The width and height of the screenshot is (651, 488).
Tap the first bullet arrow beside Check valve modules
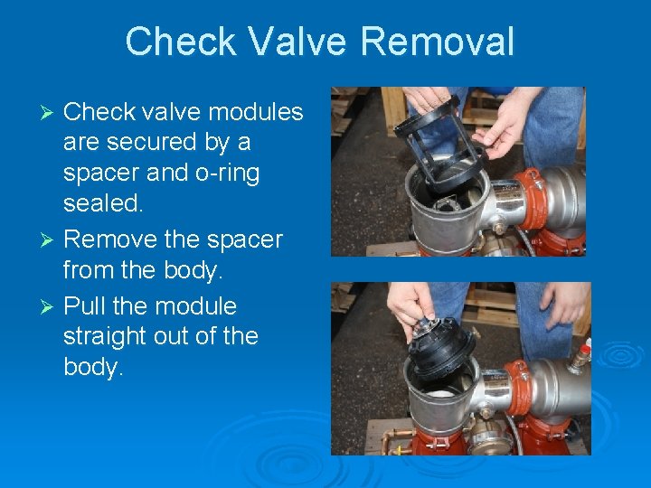point(52,112)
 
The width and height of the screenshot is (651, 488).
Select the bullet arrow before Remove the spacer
point(52,240)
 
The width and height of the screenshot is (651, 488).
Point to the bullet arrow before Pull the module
point(52,306)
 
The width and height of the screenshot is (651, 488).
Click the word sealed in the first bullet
point(101,204)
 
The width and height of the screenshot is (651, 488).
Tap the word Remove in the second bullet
point(109,239)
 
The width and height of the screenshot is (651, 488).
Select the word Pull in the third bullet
point(86,305)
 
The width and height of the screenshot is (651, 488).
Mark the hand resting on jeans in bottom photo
point(564,304)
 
